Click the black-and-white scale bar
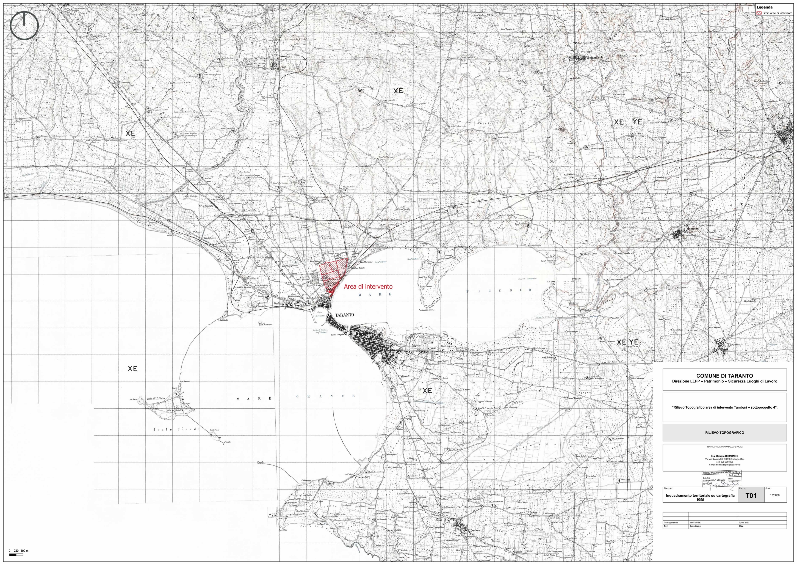pos(13,555)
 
